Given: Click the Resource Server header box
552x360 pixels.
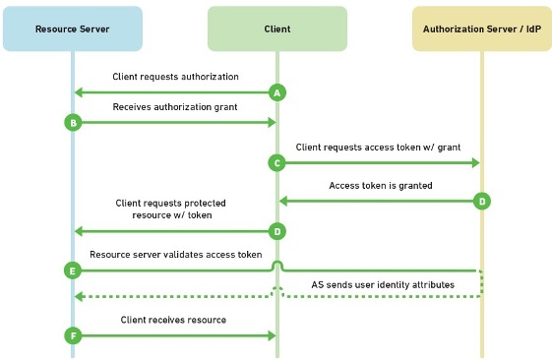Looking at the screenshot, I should pyautogui.click(x=72, y=29).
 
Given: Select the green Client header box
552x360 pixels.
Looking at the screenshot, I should pyautogui.click(x=276, y=29).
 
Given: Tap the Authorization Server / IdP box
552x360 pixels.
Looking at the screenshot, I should pyautogui.click(x=481, y=29).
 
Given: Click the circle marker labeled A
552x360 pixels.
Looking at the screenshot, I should pyautogui.click(x=277, y=92).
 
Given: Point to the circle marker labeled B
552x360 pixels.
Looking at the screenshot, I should pyautogui.click(x=72, y=122).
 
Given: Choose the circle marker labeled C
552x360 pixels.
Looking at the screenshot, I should pyautogui.click(x=277, y=162).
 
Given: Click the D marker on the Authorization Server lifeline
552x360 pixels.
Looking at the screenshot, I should pyautogui.click(x=481, y=201).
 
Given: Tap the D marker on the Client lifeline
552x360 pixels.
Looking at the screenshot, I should pyautogui.click(x=277, y=231).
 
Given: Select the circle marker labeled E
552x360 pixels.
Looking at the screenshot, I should pyautogui.click(x=72, y=269).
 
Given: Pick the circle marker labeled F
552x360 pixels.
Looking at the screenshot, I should pyautogui.click(x=72, y=335).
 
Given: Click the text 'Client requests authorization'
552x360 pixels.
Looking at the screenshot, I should pyautogui.click(x=175, y=77).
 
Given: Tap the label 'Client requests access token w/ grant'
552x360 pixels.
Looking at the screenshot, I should pyautogui.click(x=377, y=146).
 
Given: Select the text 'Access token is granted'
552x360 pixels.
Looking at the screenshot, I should pyautogui.click(x=380, y=184).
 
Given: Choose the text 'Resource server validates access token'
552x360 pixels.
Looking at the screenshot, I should pyautogui.click(x=176, y=254).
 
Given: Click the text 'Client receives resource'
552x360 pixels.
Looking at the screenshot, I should pyautogui.click(x=173, y=320).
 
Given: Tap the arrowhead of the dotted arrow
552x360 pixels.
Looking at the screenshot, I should pyautogui.click(x=80, y=297).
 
